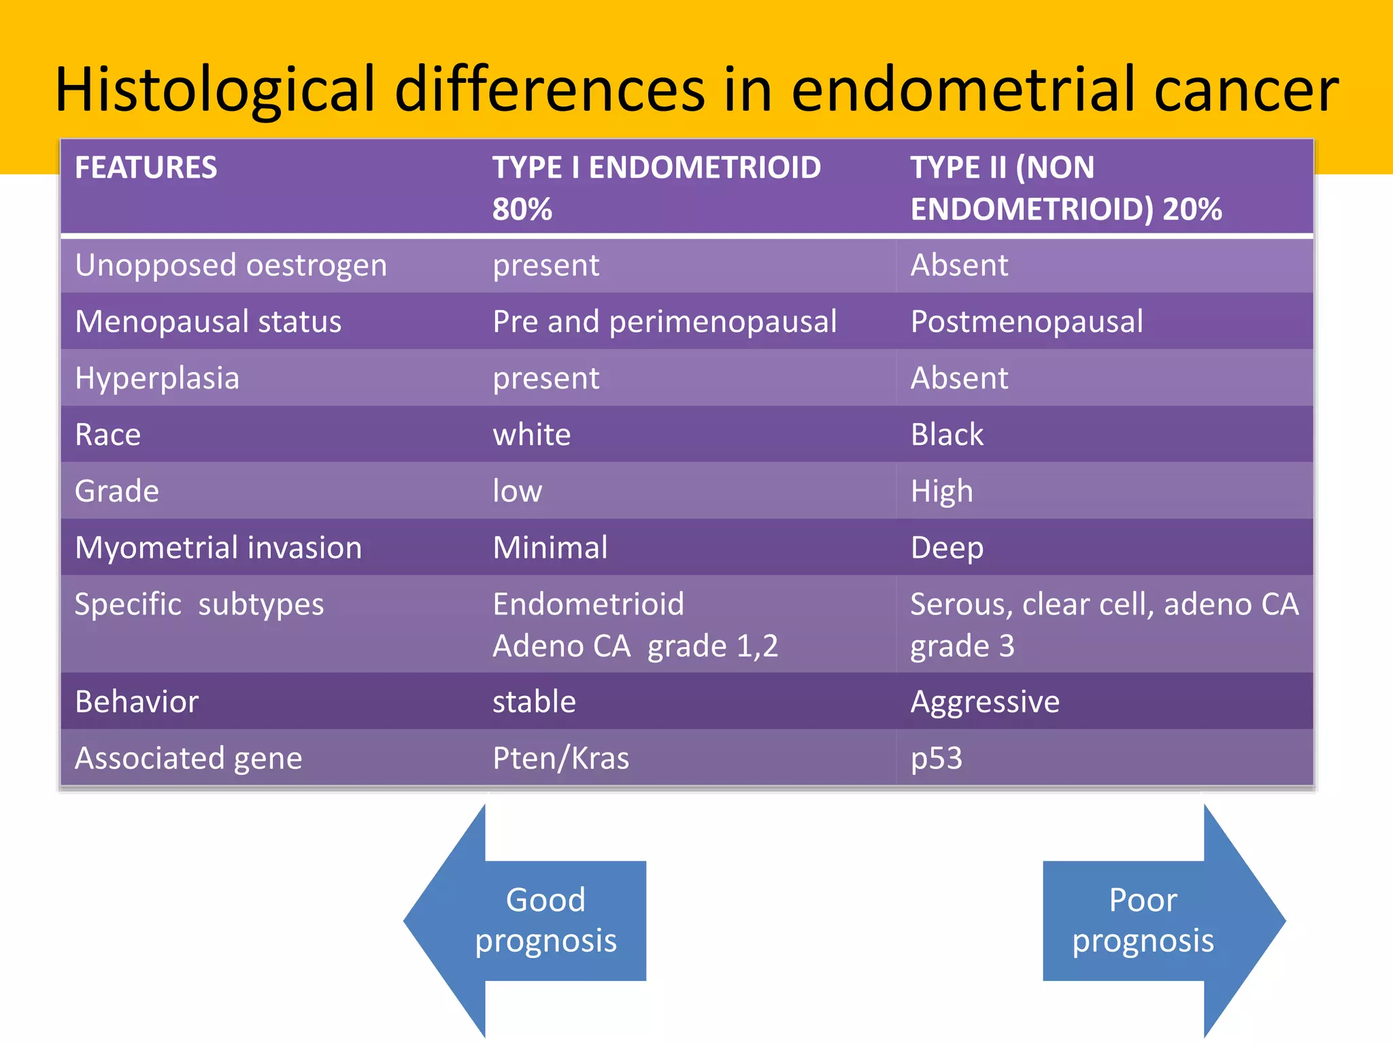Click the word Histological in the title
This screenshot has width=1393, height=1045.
pyautogui.click(x=215, y=90)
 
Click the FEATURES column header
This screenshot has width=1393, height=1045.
pyautogui.click(x=146, y=168)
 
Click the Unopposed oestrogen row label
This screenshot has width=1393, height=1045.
pyautogui.click(x=231, y=265)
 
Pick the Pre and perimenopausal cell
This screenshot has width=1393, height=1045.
pyautogui.click(x=664, y=322)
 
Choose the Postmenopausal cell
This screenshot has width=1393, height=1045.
pyautogui.click(x=1026, y=322)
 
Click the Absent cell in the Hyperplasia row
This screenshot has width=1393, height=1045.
pyautogui.click(x=959, y=378)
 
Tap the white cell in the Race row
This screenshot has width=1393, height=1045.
pyautogui.click(x=531, y=435)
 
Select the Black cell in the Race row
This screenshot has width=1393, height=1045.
pyautogui.click(x=947, y=435)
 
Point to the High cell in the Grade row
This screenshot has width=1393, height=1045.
pyautogui.click(x=941, y=491)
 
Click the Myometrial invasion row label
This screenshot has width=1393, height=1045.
pyautogui.click(x=218, y=548)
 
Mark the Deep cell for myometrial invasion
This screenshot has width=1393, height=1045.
pyautogui.click(x=947, y=548)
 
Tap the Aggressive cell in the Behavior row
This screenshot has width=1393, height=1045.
pyautogui.click(x=984, y=701)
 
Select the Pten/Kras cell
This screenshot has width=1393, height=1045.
pyautogui.click(x=560, y=758)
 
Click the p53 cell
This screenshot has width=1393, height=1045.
pyautogui.click(x=936, y=758)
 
